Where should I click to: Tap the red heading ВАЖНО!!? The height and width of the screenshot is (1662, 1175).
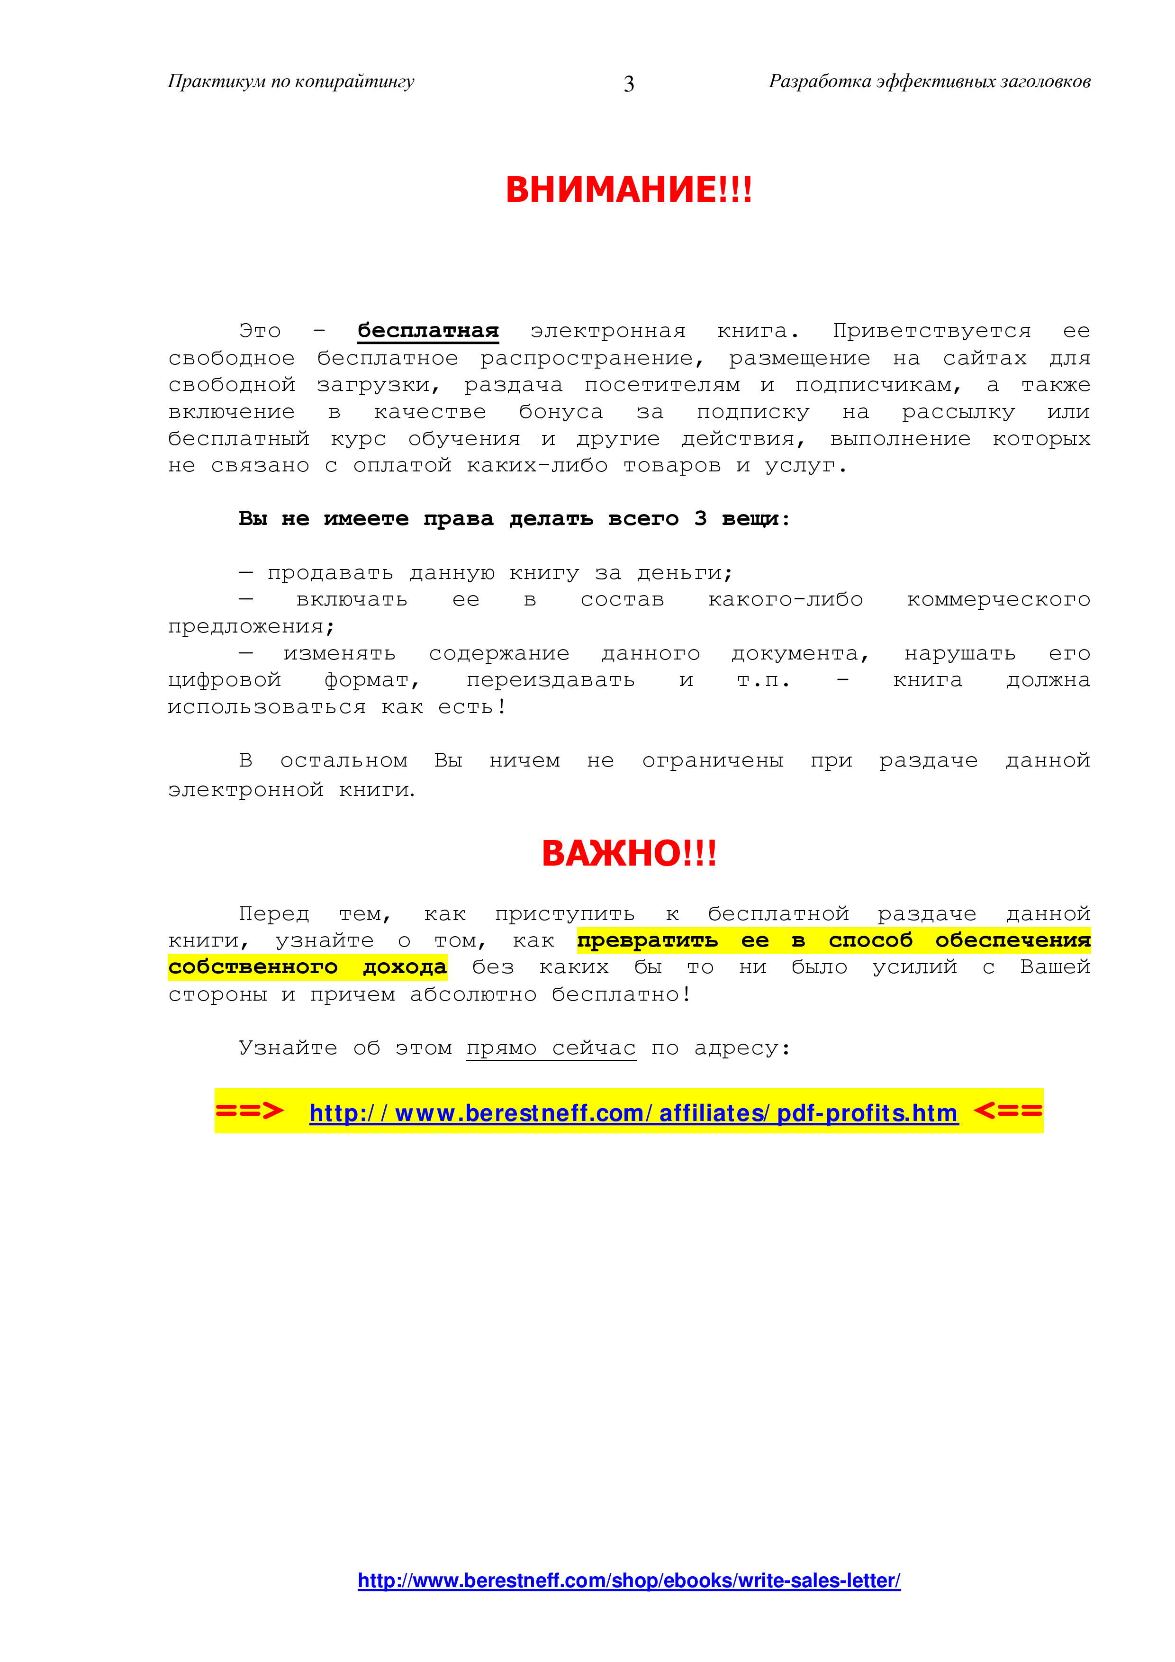click(x=628, y=853)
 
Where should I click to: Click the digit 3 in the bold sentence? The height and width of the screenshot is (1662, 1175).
click(x=700, y=518)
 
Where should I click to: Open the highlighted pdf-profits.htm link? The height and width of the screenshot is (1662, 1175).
click(x=633, y=1112)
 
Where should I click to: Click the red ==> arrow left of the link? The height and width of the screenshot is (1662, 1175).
click(x=250, y=1111)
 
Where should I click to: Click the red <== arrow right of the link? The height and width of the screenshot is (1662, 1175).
click(x=1008, y=1111)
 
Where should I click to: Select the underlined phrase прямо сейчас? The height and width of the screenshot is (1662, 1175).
click(x=551, y=1048)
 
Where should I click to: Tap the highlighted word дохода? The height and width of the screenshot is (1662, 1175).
click(x=405, y=967)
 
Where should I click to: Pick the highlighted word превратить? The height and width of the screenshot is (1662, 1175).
click(x=647, y=941)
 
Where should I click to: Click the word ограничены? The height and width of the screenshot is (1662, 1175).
click(x=713, y=761)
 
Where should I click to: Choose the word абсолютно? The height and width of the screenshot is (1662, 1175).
click(x=473, y=994)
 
